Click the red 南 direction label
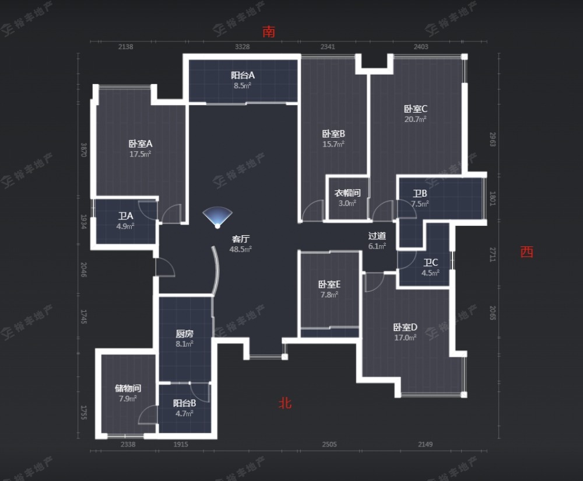coord(269,32)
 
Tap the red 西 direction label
coord(526,252)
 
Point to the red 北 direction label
coord(285,403)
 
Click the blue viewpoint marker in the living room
coord(217,218)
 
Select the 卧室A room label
coord(141,144)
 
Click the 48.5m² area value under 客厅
coord(241,249)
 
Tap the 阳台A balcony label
coord(243,75)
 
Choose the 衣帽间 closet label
coord(347,193)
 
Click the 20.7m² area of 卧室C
coord(416,119)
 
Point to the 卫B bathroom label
coord(420,194)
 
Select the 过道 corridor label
coord(377,236)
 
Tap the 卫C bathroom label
coord(431,262)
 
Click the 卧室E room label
coord(329,284)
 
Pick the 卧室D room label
coord(405,327)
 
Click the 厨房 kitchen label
coord(184,334)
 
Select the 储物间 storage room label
coord(128,388)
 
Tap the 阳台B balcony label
coord(184,403)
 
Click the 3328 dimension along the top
coord(243,47)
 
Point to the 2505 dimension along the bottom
coord(329,445)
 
